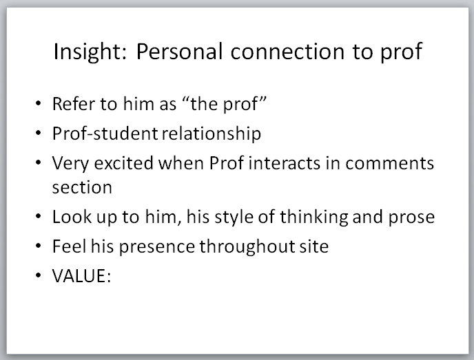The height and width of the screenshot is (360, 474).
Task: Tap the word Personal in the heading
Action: tap(179, 51)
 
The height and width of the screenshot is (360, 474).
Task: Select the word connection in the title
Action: tap(287, 51)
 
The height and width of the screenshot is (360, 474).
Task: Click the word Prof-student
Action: tap(105, 133)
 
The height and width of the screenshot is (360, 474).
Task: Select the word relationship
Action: tap(212, 133)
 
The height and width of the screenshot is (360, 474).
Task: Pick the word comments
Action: tap(390, 163)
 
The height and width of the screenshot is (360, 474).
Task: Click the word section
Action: tap(82, 187)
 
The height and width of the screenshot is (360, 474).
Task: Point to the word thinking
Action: tap(314, 217)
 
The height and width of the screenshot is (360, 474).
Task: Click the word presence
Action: tap(157, 247)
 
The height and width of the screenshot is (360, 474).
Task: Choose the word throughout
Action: tap(247, 246)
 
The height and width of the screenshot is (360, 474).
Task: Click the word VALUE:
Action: tap(81, 276)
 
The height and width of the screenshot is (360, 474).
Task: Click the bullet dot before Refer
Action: tap(38, 103)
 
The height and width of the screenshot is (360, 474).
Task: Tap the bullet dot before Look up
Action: tap(38, 216)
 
